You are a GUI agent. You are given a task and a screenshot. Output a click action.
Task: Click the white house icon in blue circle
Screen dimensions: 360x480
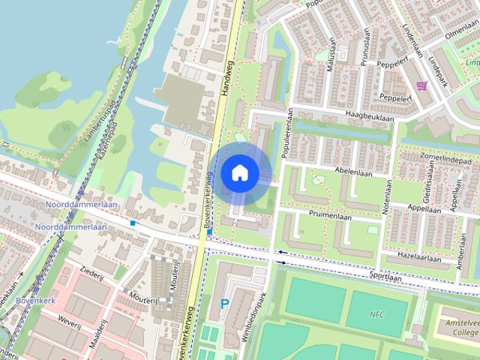pos(240,172)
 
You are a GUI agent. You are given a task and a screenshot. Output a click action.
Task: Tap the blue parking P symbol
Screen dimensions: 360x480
pos(225,304)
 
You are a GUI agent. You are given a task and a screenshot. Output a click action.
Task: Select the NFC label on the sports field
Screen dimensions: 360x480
pos(376,313)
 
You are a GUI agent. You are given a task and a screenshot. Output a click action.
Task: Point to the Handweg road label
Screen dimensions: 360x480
pos(228,83)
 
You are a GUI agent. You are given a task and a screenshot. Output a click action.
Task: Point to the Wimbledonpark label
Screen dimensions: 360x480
pos(254,316)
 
